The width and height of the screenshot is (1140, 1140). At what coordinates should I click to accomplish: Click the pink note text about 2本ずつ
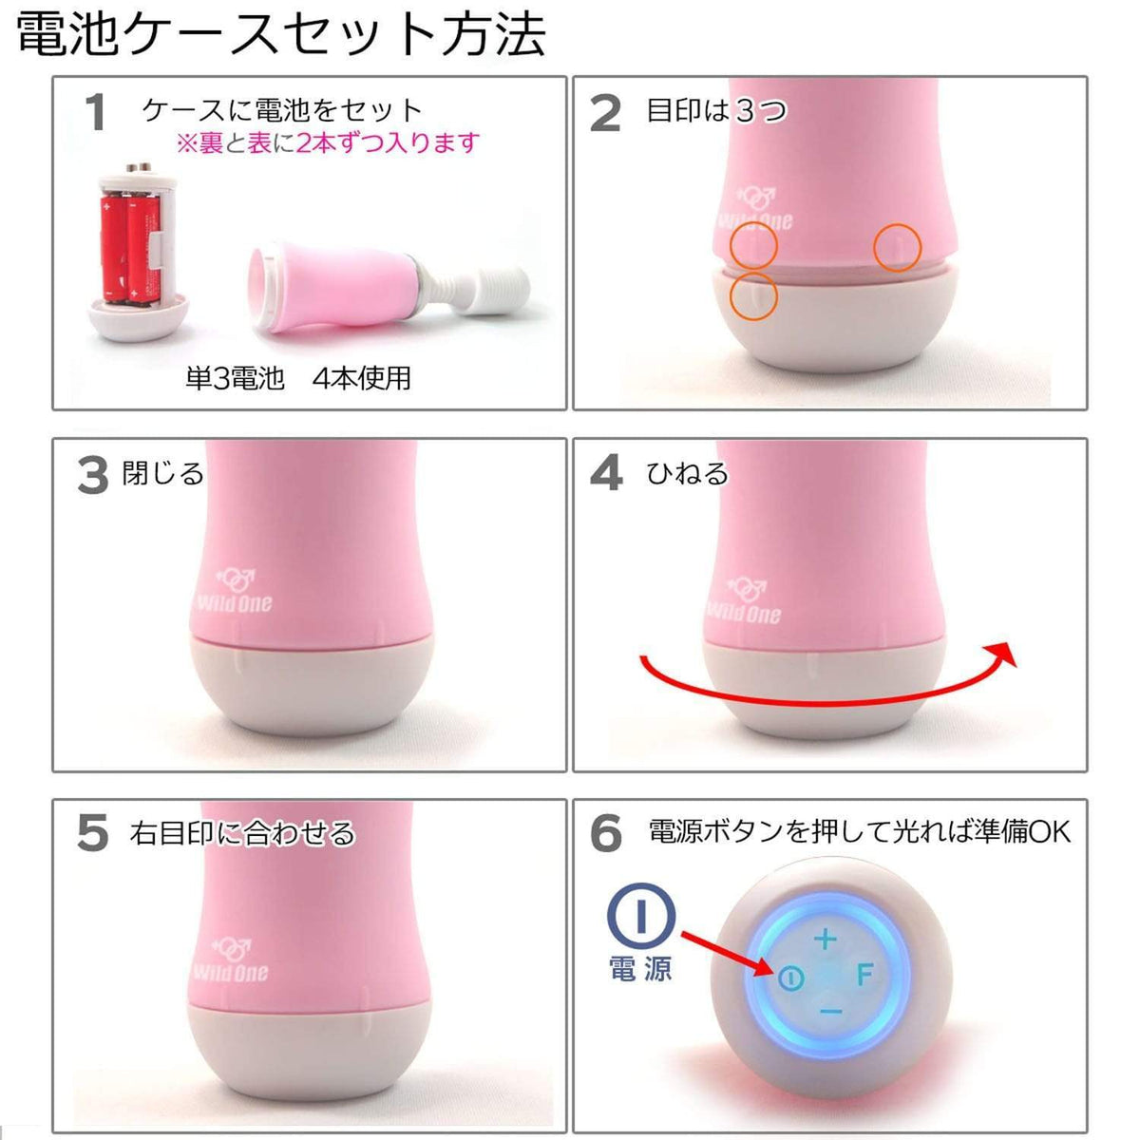[x=328, y=143]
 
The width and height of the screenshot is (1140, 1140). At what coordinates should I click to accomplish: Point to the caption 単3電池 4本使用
[x=298, y=378]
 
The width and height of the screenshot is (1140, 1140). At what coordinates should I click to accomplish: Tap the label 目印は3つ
[x=716, y=111]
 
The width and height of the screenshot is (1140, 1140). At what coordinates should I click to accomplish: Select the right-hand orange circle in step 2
[x=898, y=247]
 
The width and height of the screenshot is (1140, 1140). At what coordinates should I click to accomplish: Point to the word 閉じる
[x=163, y=473]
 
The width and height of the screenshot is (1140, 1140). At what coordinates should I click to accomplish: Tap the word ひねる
[x=687, y=473]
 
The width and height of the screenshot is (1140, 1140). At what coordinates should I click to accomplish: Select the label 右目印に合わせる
[x=243, y=834]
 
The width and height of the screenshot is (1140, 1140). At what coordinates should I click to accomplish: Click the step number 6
[x=606, y=834]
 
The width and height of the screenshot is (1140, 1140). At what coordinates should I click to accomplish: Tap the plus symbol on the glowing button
[x=825, y=940]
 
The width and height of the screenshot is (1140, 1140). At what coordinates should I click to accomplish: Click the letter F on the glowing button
[x=864, y=975]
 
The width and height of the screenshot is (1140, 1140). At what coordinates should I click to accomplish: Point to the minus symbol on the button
[x=830, y=1012]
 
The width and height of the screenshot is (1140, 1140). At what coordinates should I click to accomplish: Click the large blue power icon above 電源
[x=641, y=916]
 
